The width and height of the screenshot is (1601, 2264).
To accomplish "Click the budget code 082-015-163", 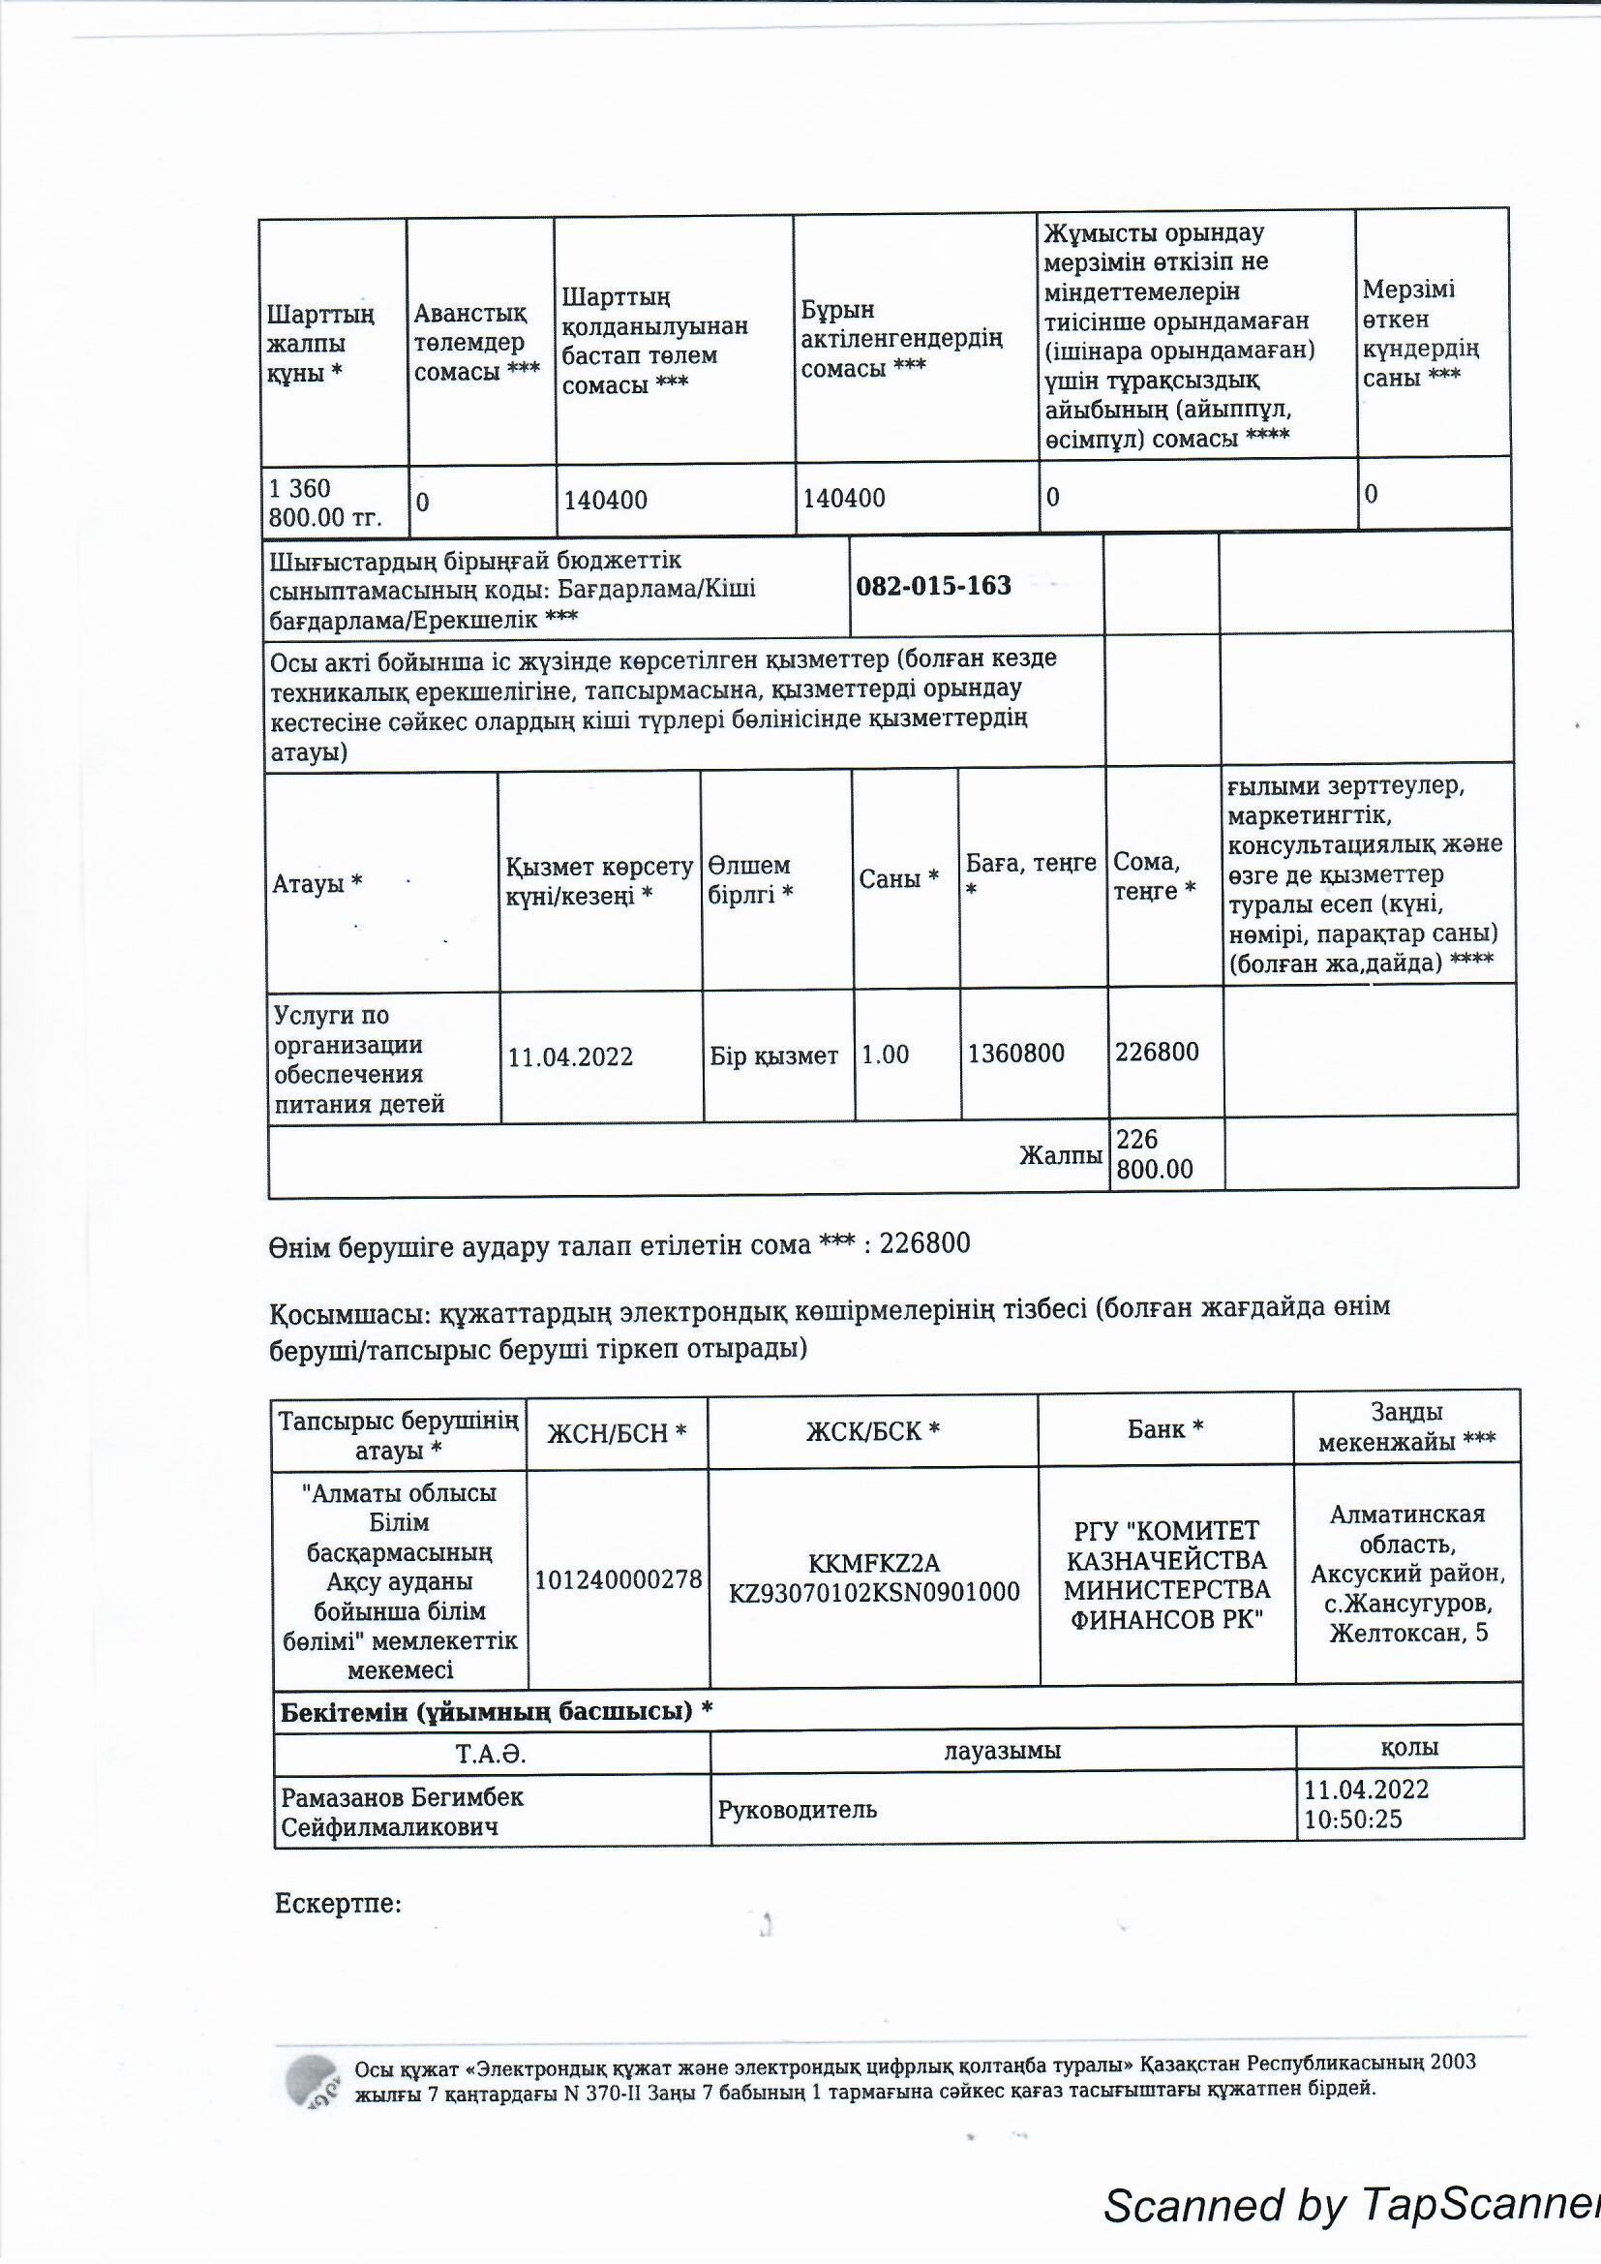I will (932, 586).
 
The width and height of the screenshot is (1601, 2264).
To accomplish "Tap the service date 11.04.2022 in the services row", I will (570, 1058).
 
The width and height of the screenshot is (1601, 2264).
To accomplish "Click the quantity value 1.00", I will (886, 1056).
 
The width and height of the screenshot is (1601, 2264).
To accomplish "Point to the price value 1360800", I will (1015, 1054).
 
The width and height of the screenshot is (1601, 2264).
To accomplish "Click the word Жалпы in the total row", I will (1060, 1155).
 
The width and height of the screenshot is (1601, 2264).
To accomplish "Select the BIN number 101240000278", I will (619, 1579).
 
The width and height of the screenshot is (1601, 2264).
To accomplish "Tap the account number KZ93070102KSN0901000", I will (873, 1593).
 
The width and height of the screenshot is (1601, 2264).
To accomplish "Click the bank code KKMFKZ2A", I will (873, 1563).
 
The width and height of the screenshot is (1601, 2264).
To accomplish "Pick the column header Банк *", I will (1165, 1429).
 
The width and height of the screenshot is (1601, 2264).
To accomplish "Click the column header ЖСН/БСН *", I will (618, 1433).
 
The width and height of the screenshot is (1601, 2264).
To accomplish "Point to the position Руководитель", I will (797, 1810).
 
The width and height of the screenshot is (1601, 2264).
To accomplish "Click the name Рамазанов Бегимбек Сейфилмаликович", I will (403, 1812).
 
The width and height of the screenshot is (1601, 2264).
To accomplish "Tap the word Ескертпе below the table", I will (337, 1903).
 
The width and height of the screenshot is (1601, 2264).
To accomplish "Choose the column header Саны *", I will (898, 878).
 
